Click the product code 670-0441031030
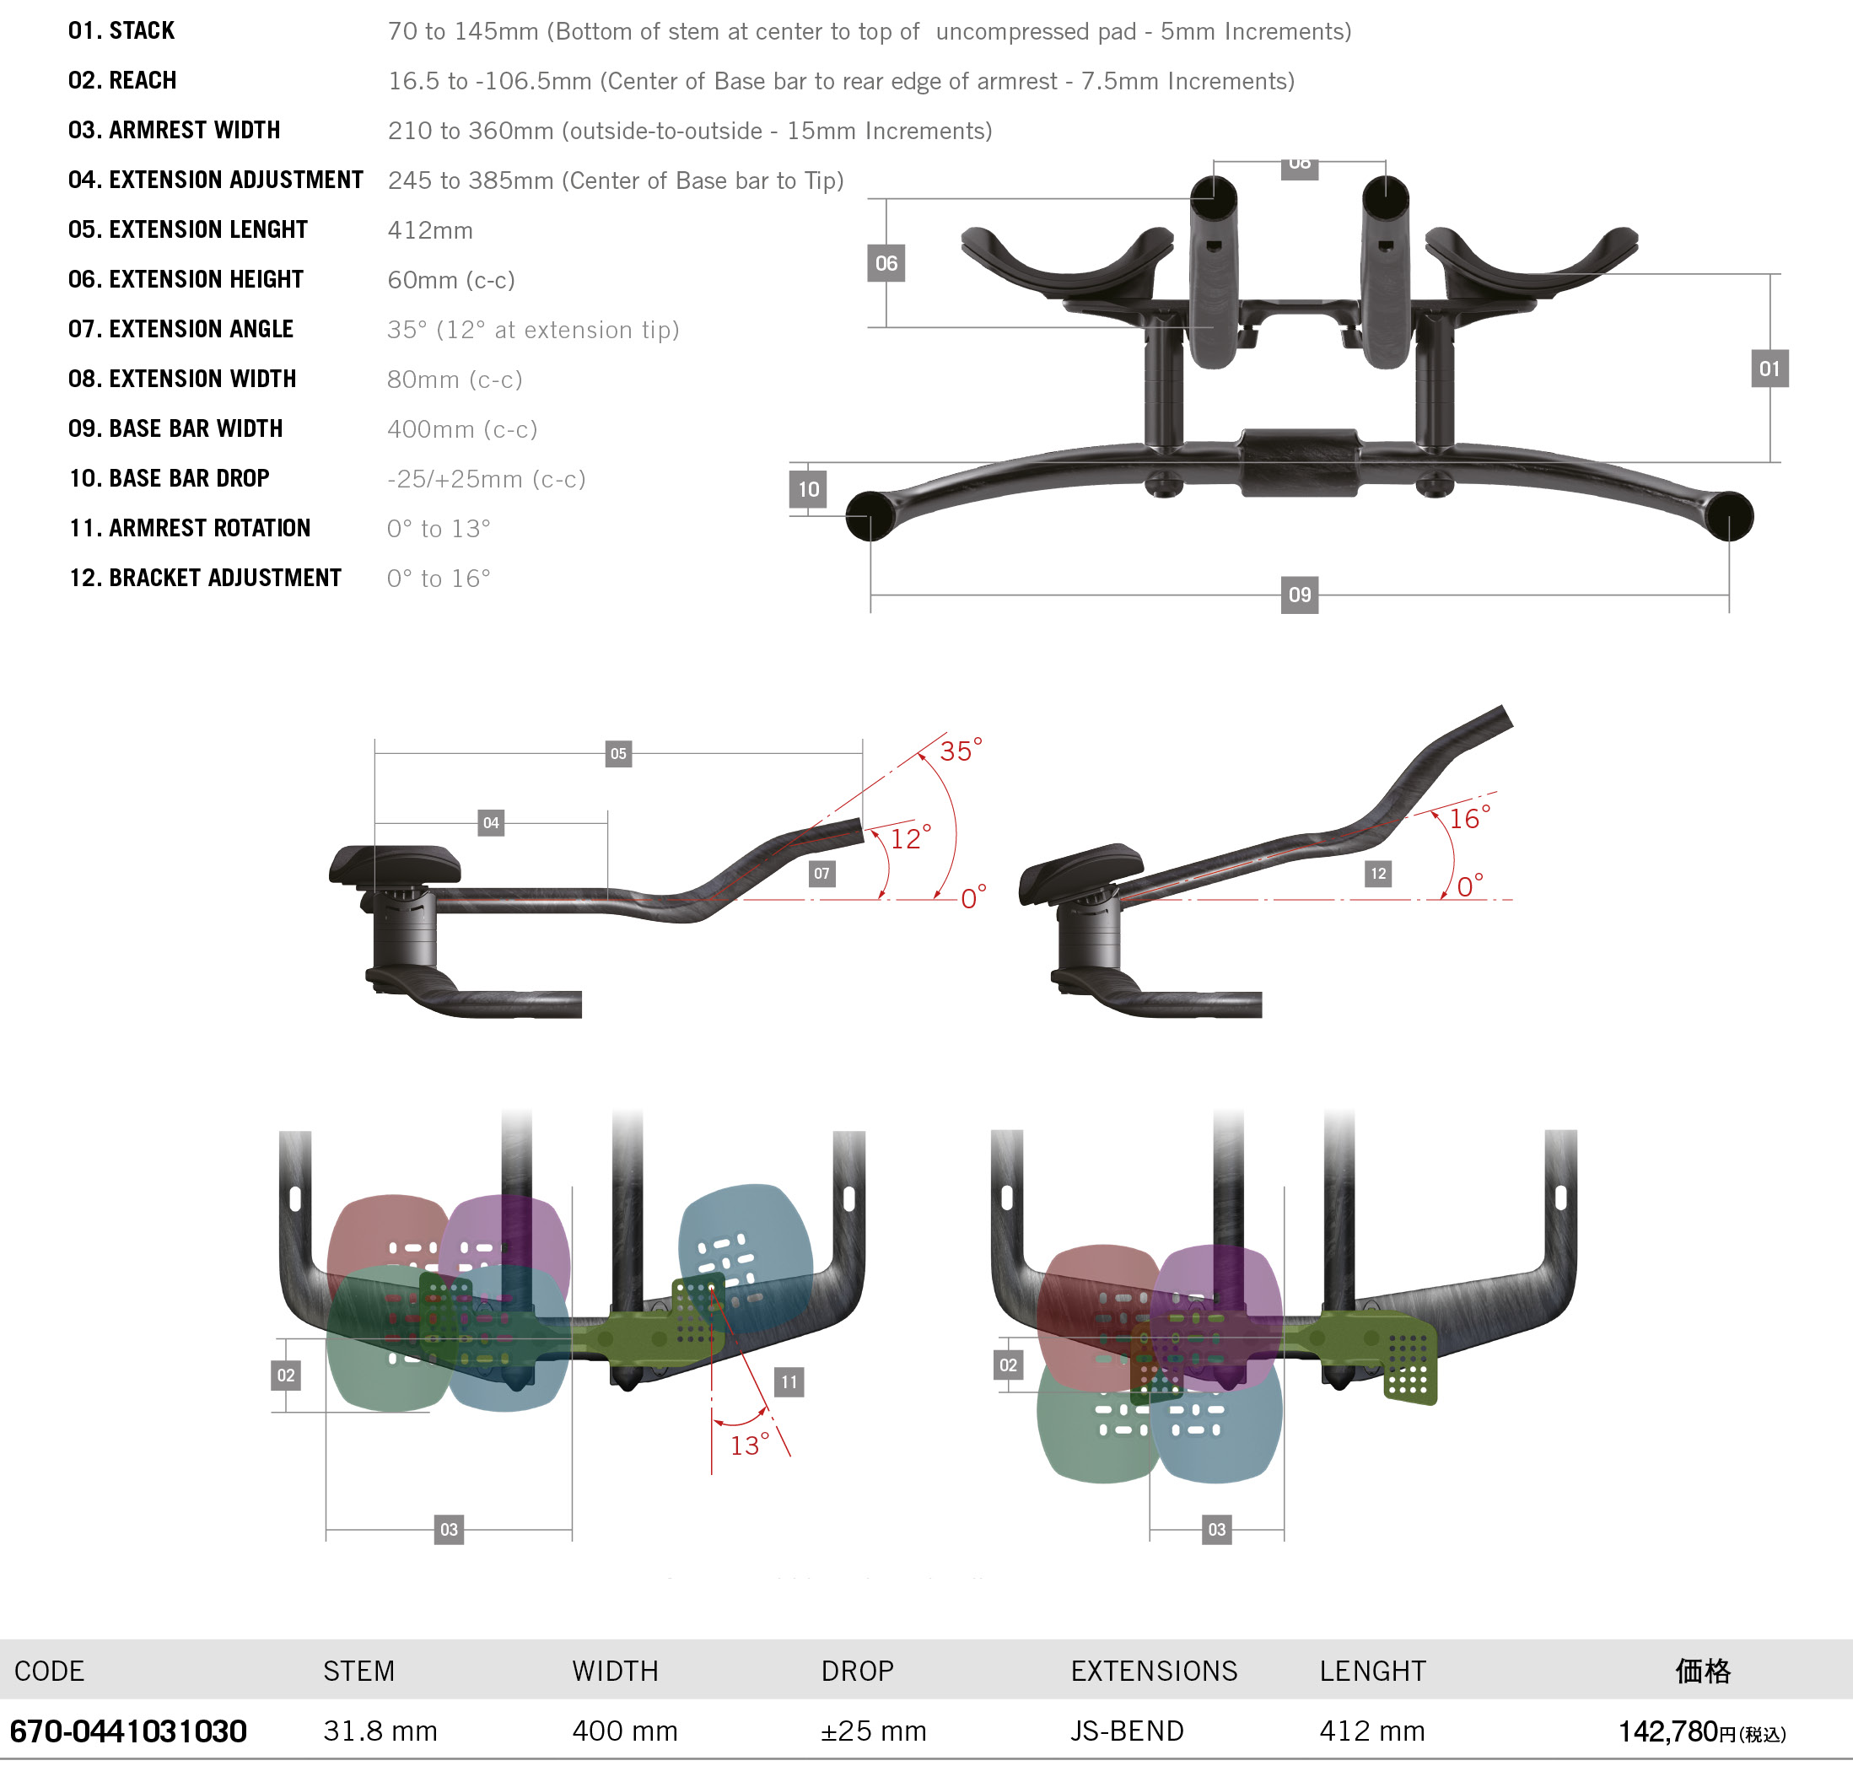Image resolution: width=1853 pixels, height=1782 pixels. (128, 1731)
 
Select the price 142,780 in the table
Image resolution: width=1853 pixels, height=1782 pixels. (1667, 1731)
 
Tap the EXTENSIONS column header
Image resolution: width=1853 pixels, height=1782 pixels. (1154, 1672)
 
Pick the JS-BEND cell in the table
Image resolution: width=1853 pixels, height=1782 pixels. (1127, 1731)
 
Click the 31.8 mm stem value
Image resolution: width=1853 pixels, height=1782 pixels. (380, 1731)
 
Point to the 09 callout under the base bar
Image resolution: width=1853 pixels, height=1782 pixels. (1300, 595)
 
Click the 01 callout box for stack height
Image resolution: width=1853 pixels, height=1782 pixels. (1770, 369)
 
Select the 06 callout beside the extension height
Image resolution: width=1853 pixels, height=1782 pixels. (886, 263)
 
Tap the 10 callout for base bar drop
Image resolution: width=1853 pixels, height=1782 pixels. (808, 489)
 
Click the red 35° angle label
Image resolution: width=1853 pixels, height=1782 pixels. (961, 751)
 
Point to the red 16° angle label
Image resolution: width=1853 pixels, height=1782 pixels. (1470, 818)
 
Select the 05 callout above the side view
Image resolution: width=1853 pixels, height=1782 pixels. (618, 753)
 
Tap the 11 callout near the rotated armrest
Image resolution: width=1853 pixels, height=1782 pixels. (789, 1382)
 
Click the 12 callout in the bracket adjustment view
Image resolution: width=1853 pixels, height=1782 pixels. (1378, 874)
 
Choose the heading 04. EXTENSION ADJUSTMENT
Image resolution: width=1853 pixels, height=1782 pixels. (216, 180)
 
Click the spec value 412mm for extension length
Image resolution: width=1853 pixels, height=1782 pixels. (430, 229)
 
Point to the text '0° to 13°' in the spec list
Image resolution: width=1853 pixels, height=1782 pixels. (439, 529)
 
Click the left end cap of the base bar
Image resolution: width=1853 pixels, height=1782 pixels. (870, 516)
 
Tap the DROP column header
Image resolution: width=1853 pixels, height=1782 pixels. (858, 1672)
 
